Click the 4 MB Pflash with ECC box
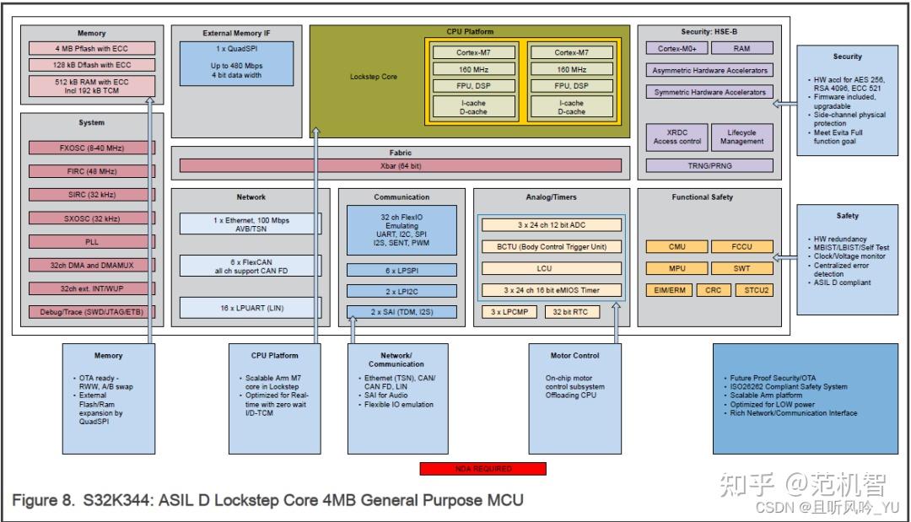(x=92, y=48)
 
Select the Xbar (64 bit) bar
(x=401, y=166)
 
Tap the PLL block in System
(x=92, y=241)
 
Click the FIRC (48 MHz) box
(x=92, y=171)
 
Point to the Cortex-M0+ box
(x=677, y=49)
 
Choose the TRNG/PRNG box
(x=709, y=166)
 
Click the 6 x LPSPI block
(x=402, y=270)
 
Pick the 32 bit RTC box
(x=569, y=312)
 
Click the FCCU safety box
(x=742, y=247)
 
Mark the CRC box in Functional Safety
(x=714, y=290)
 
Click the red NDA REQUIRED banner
(x=483, y=469)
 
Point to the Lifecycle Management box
(x=741, y=137)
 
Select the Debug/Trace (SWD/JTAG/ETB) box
(x=92, y=312)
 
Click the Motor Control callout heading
(x=574, y=356)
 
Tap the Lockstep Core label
(x=374, y=77)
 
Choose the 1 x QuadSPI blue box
(x=236, y=62)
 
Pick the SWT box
(x=742, y=269)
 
